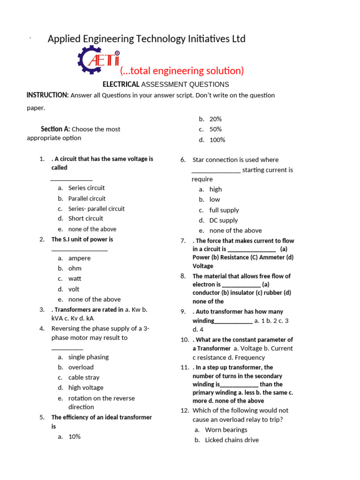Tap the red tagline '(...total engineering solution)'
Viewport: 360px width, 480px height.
[182, 71]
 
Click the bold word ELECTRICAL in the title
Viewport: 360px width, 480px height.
[121, 84]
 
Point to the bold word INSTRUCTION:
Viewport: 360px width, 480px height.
[47, 95]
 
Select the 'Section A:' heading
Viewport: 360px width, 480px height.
[55, 129]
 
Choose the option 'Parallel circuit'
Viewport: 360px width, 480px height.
[87, 198]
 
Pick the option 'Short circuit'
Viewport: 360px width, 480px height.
[86, 218]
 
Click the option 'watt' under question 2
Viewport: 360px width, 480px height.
[75, 278]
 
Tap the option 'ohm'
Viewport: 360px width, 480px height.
[75, 268]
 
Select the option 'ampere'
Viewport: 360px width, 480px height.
[80, 258]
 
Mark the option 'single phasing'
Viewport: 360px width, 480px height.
[89, 357]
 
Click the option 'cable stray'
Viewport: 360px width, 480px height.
[84, 377]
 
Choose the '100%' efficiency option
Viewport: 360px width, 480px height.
[217, 140]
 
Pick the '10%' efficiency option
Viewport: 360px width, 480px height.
[75, 436]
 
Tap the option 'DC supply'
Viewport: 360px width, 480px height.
[224, 220]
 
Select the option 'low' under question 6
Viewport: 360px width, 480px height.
[215, 199]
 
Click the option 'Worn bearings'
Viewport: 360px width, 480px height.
[226, 429]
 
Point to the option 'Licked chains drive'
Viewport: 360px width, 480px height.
[232, 440]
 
